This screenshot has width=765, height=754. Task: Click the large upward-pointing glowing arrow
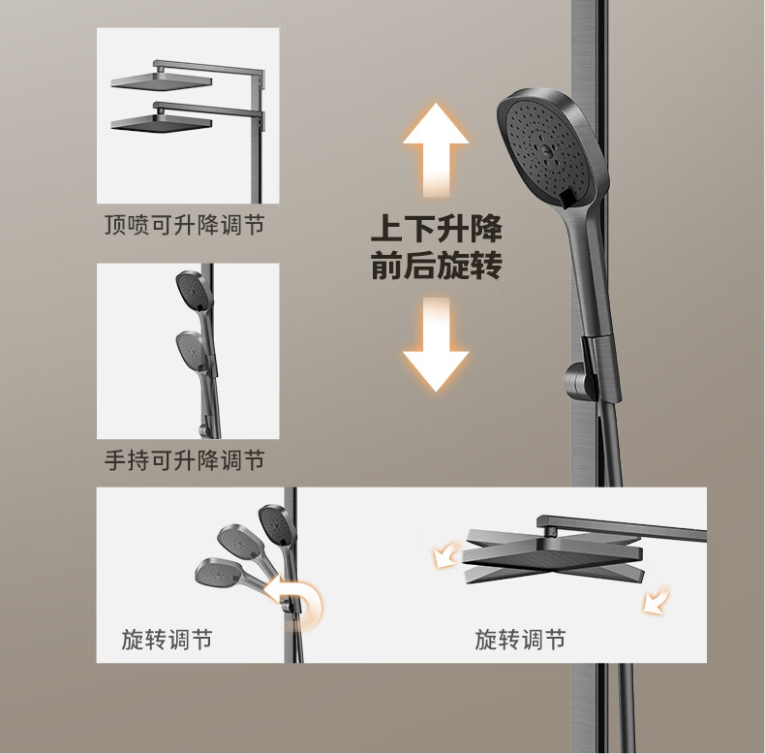pyautogui.click(x=436, y=149)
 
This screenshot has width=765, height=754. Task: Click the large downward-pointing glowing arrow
pyautogui.click(x=436, y=344)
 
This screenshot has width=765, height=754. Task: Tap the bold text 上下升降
pyautogui.click(x=436, y=229)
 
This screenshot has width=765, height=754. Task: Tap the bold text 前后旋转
pyautogui.click(x=436, y=266)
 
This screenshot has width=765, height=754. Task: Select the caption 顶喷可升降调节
pyautogui.click(x=184, y=225)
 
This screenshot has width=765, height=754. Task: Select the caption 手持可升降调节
pyautogui.click(x=184, y=460)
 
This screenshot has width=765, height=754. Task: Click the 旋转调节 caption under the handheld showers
pyautogui.click(x=167, y=640)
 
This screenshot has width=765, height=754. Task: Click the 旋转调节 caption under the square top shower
pyautogui.click(x=520, y=640)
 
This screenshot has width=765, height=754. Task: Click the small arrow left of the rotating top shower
pyautogui.click(x=445, y=555)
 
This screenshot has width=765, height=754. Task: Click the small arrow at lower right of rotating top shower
pyautogui.click(x=656, y=601)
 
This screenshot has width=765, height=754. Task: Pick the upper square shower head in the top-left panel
pyautogui.click(x=162, y=81)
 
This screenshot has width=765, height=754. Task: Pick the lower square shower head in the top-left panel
pyautogui.click(x=162, y=122)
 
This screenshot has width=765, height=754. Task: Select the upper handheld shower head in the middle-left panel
pyautogui.click(x=194, y=290)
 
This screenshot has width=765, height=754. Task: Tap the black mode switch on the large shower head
pyautogui.click(x=567, y=199)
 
